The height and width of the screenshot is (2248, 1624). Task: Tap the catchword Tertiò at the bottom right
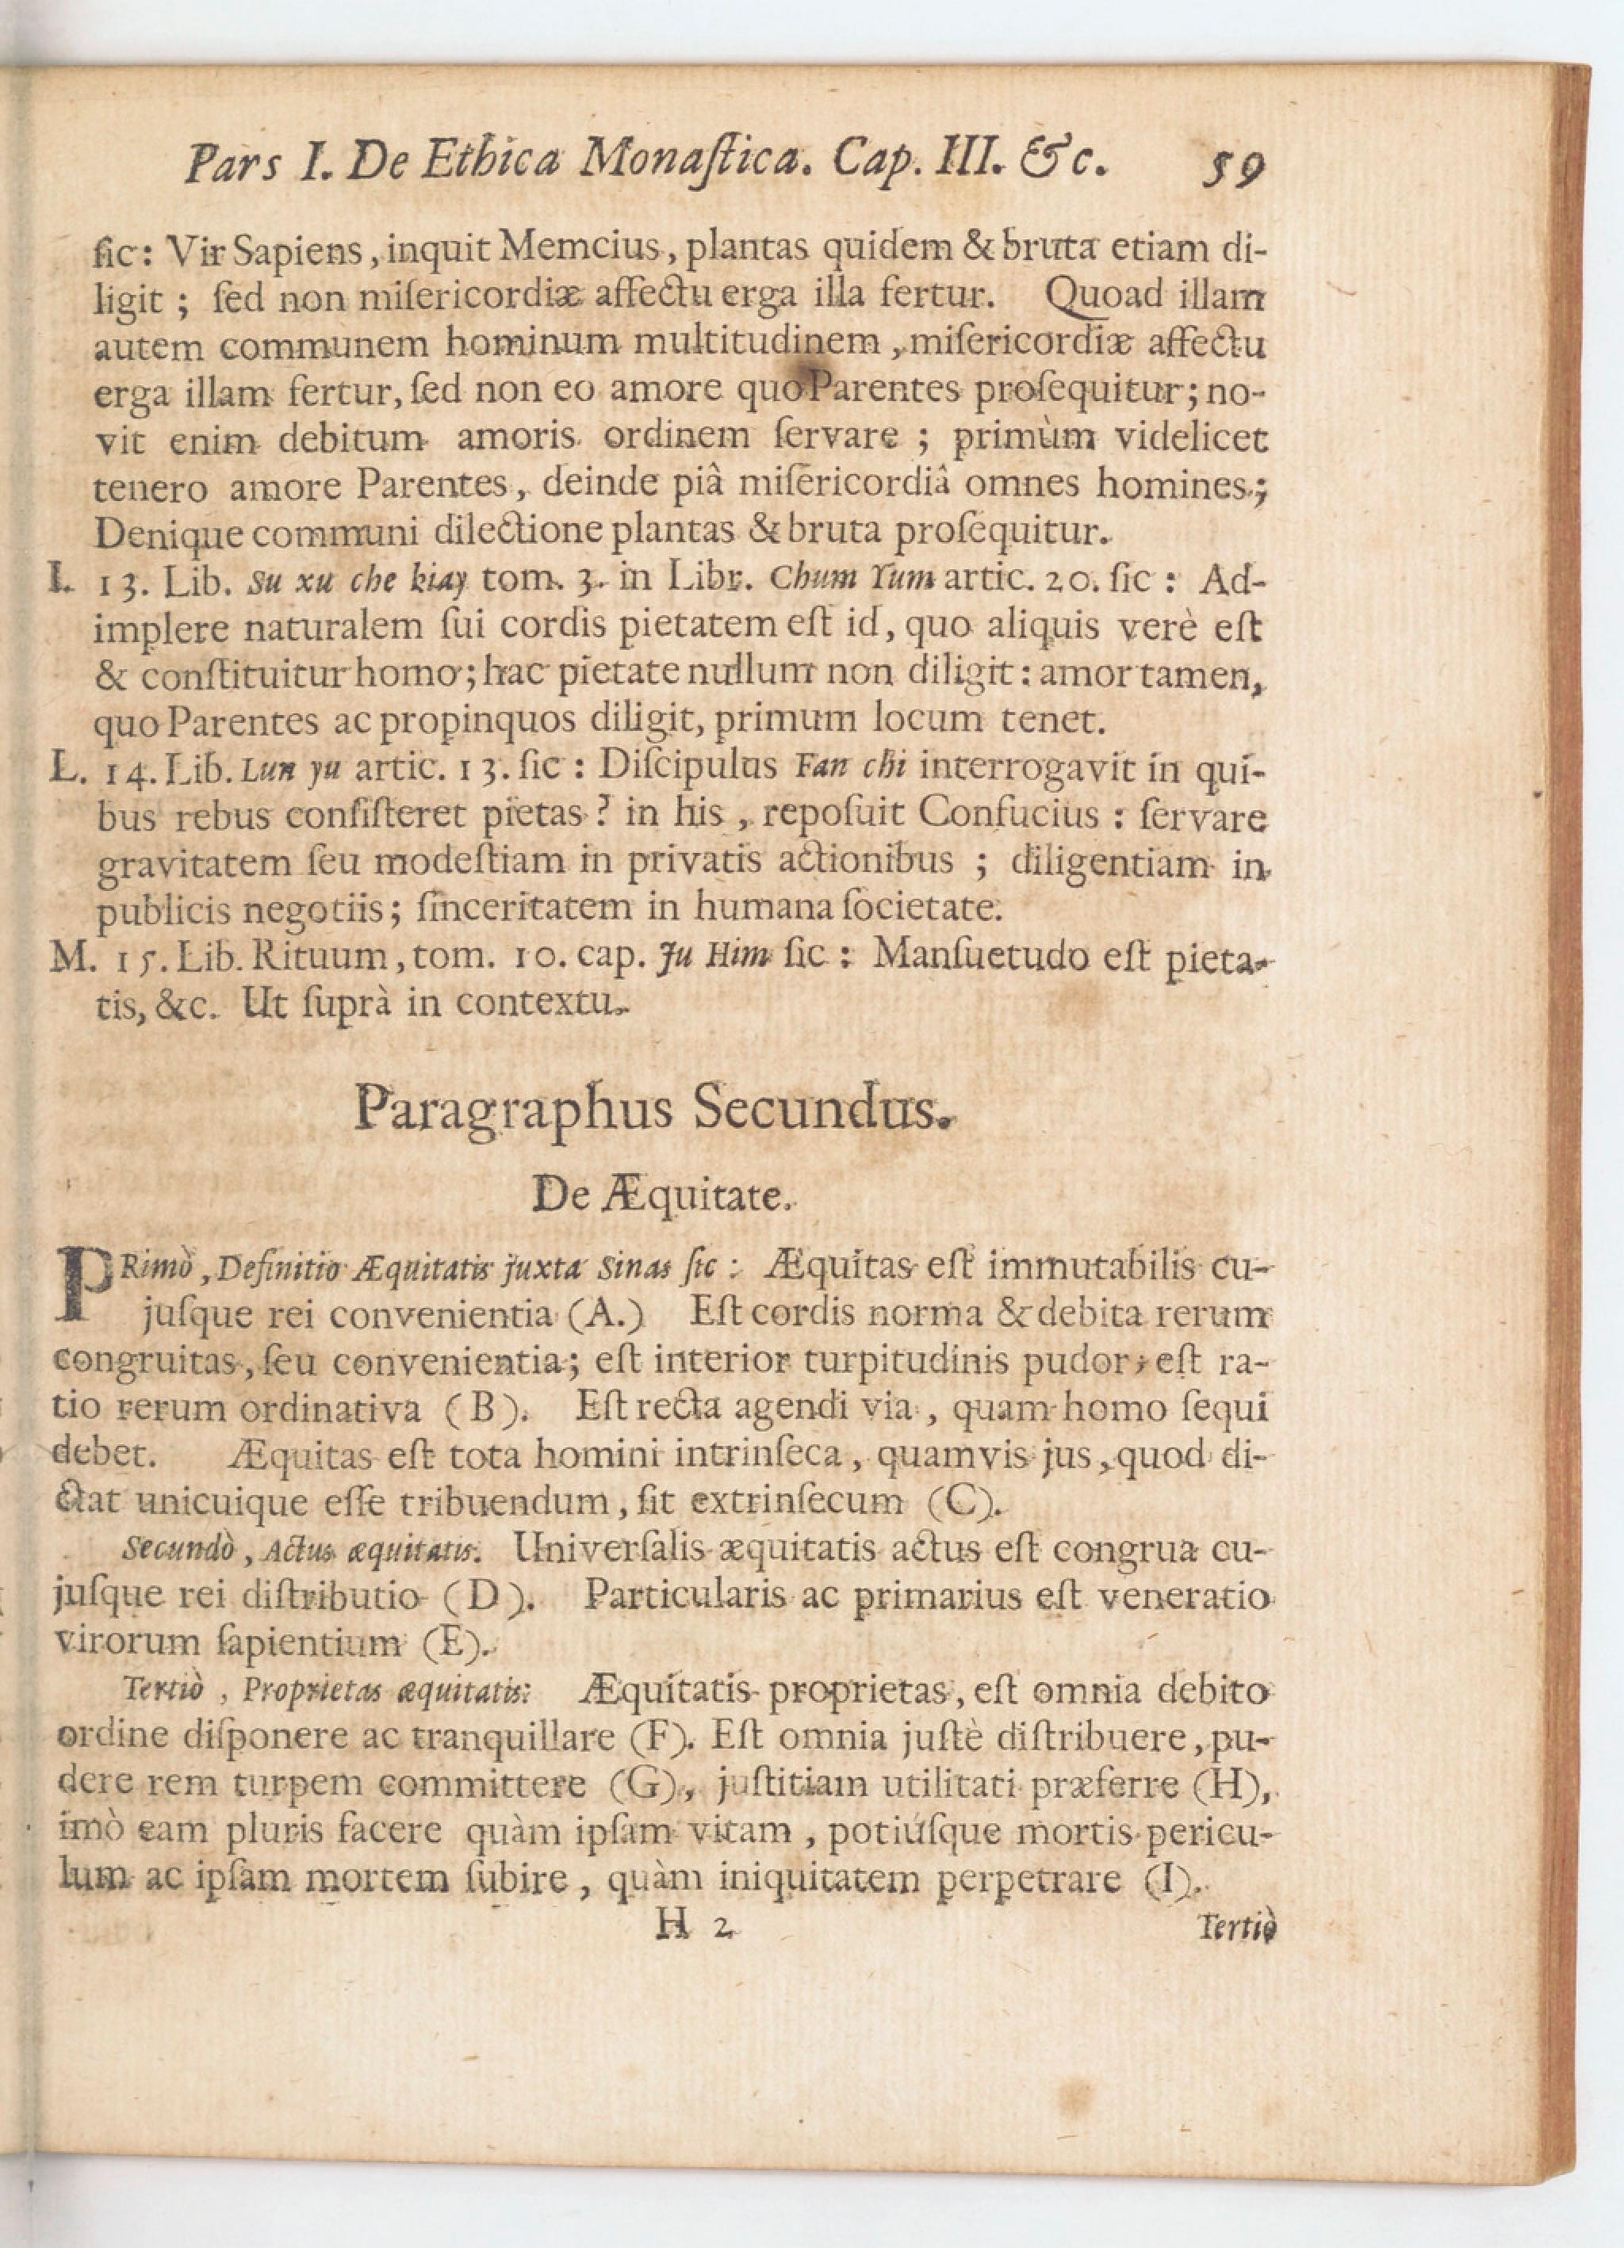(x=1236, y=1928)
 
